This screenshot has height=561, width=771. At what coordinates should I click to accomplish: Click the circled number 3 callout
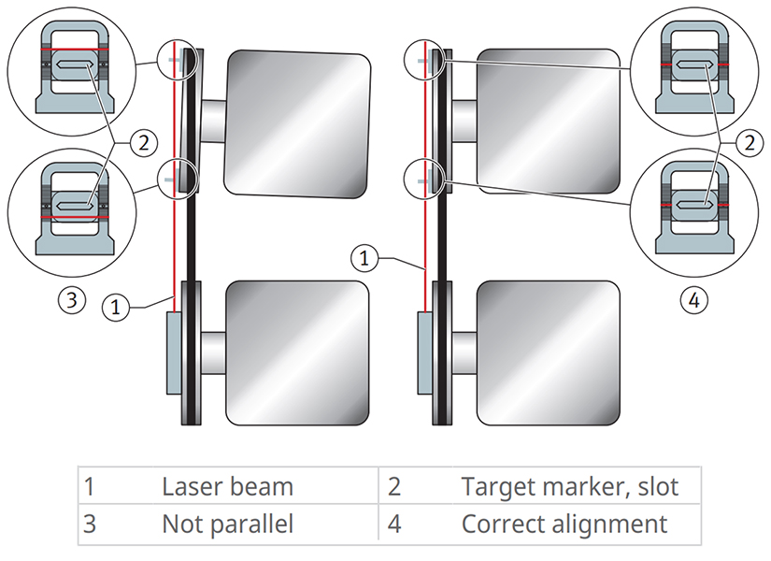coord(71,300)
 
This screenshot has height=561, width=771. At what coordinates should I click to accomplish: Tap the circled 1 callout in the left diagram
coord(115,306)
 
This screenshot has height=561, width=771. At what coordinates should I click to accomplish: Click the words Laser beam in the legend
coord(227,486)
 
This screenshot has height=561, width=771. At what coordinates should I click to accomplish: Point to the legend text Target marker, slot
coord(569,486)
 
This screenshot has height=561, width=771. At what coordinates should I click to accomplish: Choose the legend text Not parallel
coord(227,524)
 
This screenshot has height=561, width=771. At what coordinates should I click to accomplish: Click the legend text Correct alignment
coord(564,524)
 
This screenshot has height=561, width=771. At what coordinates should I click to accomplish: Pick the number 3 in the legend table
coord(90,524)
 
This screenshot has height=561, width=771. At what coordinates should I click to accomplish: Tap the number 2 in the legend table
coord(393,486)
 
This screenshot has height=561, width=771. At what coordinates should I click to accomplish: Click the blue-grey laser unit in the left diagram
coord(175,353)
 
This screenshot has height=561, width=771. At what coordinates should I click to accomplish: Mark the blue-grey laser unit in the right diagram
coord(424,353)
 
